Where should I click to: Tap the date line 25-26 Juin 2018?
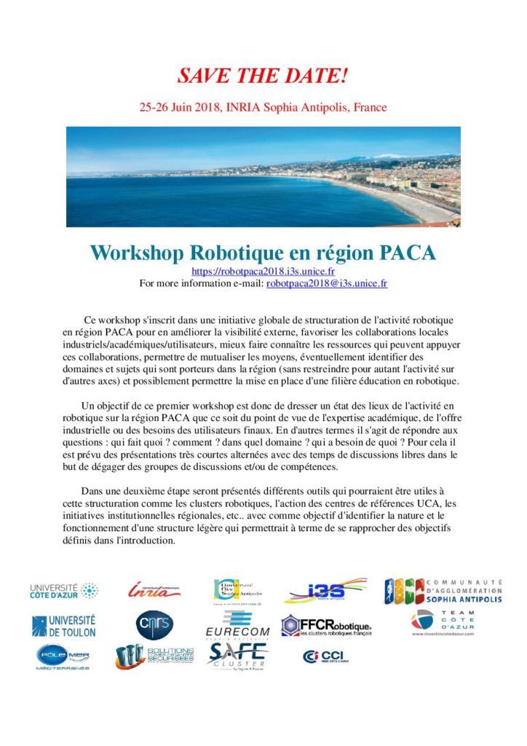(x=263, y=107)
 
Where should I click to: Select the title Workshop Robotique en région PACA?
(x=263, y=254)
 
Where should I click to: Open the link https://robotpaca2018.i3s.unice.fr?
(x=263, y=271)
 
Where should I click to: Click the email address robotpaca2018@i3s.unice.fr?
(x=327, y=283)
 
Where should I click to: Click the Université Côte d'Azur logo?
(x=63, y=591)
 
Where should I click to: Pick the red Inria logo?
(x=154, y=590)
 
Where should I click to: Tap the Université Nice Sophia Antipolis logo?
(x=237, y=591)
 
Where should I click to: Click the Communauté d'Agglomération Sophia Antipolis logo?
(x=443, y=591)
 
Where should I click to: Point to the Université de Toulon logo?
(x=63, y=624)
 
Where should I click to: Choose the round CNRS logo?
(x=154, y=624)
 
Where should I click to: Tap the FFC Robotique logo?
(x=327, y=627)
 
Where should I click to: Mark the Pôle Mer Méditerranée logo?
(x=60, y=657)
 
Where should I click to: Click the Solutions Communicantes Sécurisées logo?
(x=154, y=656)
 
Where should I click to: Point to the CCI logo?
(x=326, y=656)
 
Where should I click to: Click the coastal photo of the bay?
(x=263, y=177)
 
